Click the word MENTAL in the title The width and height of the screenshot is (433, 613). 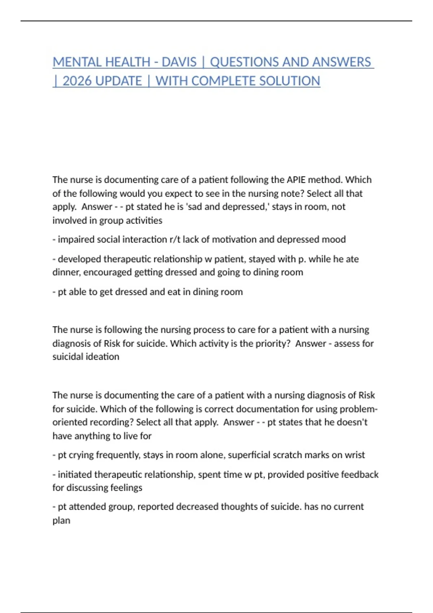[x=75, y=62]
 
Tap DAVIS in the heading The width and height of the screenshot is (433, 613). [x=179, y=62]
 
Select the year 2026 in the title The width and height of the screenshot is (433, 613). [x=77, y=81]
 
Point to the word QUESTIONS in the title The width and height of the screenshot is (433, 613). [x=244, y=62]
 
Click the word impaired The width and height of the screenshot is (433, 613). [x=76, y=239]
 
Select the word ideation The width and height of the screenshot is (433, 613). [x=104, y=357]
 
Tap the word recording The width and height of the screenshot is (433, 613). [x=113, y=422]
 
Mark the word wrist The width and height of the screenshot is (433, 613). [x=355, y=455]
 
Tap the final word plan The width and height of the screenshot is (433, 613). [x=61, y=521]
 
